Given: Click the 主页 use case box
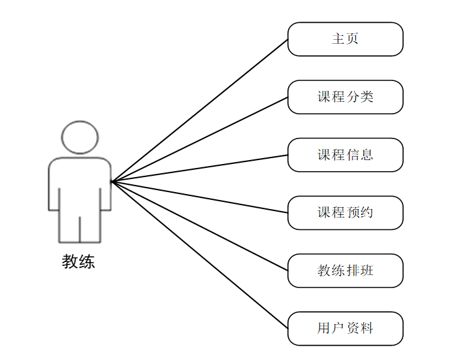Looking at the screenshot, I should click(345, 39).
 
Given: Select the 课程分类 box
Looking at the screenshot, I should click(345, 97).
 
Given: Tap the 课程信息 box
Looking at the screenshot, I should click(345, 155).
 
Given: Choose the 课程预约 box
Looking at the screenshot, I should click(345, 212).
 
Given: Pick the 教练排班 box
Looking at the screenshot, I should click(345, 270).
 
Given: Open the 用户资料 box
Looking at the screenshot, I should click(345, 328).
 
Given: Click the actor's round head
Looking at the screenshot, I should click(80, 137).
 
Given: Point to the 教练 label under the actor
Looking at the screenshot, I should click(78, 262).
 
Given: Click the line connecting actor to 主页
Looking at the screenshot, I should click(199, 110).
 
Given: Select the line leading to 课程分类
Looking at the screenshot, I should click(199, 139).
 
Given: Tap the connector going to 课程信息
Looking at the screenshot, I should click(199, 168).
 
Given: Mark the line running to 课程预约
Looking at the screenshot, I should click(199, 197).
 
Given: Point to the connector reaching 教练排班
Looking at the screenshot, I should click(199, 225).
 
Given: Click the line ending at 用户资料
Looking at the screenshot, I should click(199, 254).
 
